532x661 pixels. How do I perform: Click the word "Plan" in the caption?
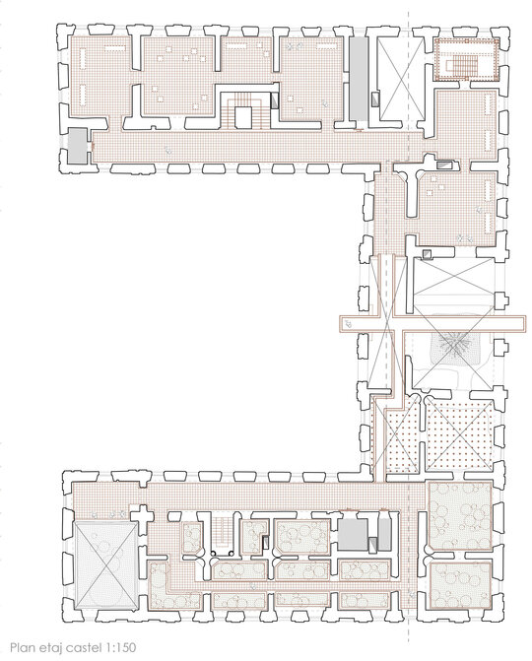point(22,647)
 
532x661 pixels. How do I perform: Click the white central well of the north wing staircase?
point(243,117)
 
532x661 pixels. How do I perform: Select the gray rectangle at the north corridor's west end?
point(78,146)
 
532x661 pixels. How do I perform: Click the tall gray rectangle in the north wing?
point(359,79)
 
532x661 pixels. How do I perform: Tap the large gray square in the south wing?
point(353,535)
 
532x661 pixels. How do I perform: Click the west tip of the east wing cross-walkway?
point(340,324)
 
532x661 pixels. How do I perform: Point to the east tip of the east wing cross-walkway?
point(525,324)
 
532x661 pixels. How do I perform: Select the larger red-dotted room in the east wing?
point(459,436)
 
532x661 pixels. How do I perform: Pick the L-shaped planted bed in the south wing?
point(173,586)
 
